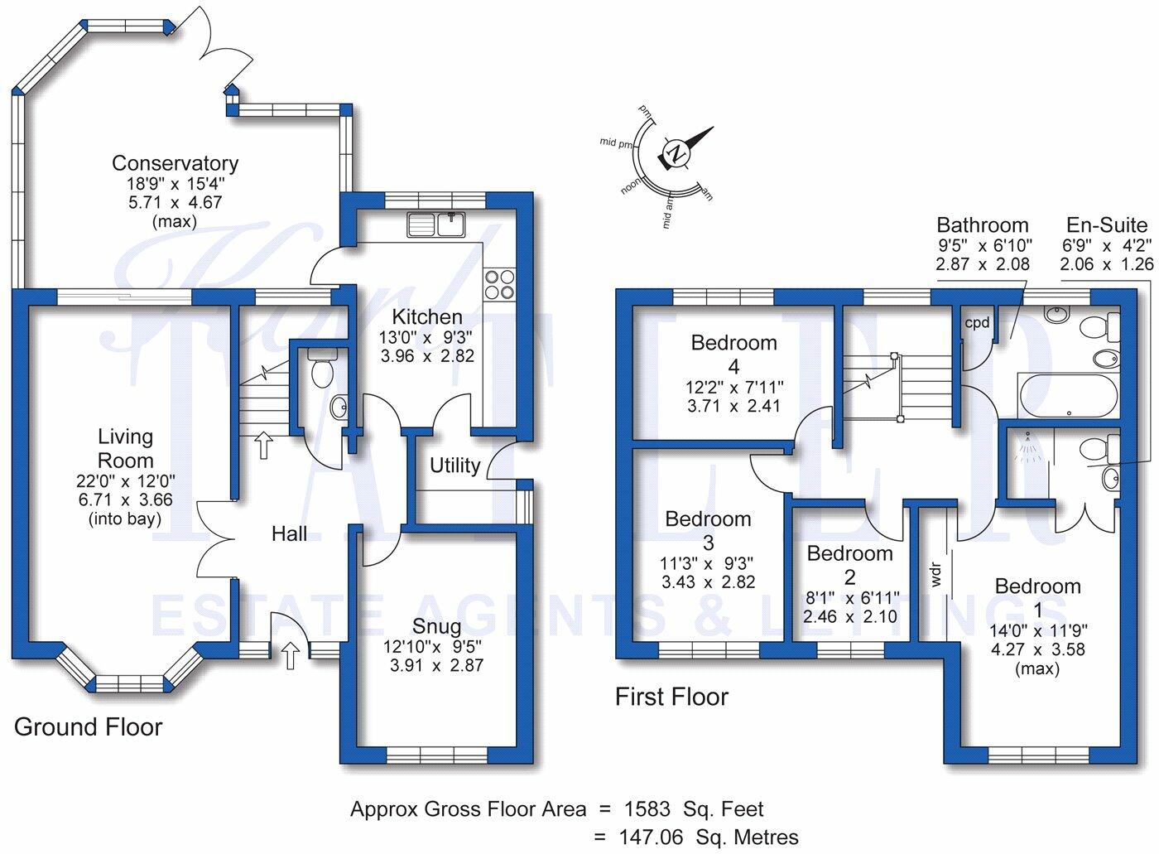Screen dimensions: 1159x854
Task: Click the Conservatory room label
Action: click(175, 163)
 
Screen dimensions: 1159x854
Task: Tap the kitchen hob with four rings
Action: click(500, 283)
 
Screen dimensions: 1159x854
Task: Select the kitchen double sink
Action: click(435, 224)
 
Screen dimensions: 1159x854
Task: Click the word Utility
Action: click(454, 466)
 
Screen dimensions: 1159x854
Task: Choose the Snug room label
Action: click(437, 626)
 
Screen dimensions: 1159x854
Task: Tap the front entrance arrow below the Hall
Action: click(291, 655)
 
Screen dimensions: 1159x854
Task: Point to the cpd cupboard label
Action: click(977, 323)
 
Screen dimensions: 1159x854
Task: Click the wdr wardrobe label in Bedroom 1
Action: click(935, 575)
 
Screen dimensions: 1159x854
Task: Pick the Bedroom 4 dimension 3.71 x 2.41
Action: click(733, 406)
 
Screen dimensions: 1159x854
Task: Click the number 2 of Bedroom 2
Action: click(849, 577)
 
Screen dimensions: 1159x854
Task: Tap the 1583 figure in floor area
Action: click(647, 808)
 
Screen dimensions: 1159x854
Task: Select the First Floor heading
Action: click(671, 697)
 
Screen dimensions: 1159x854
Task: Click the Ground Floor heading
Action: click(88, 727)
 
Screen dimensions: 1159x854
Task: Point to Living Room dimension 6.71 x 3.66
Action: click(125, 499)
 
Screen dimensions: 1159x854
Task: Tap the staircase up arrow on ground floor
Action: click(264, 445)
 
